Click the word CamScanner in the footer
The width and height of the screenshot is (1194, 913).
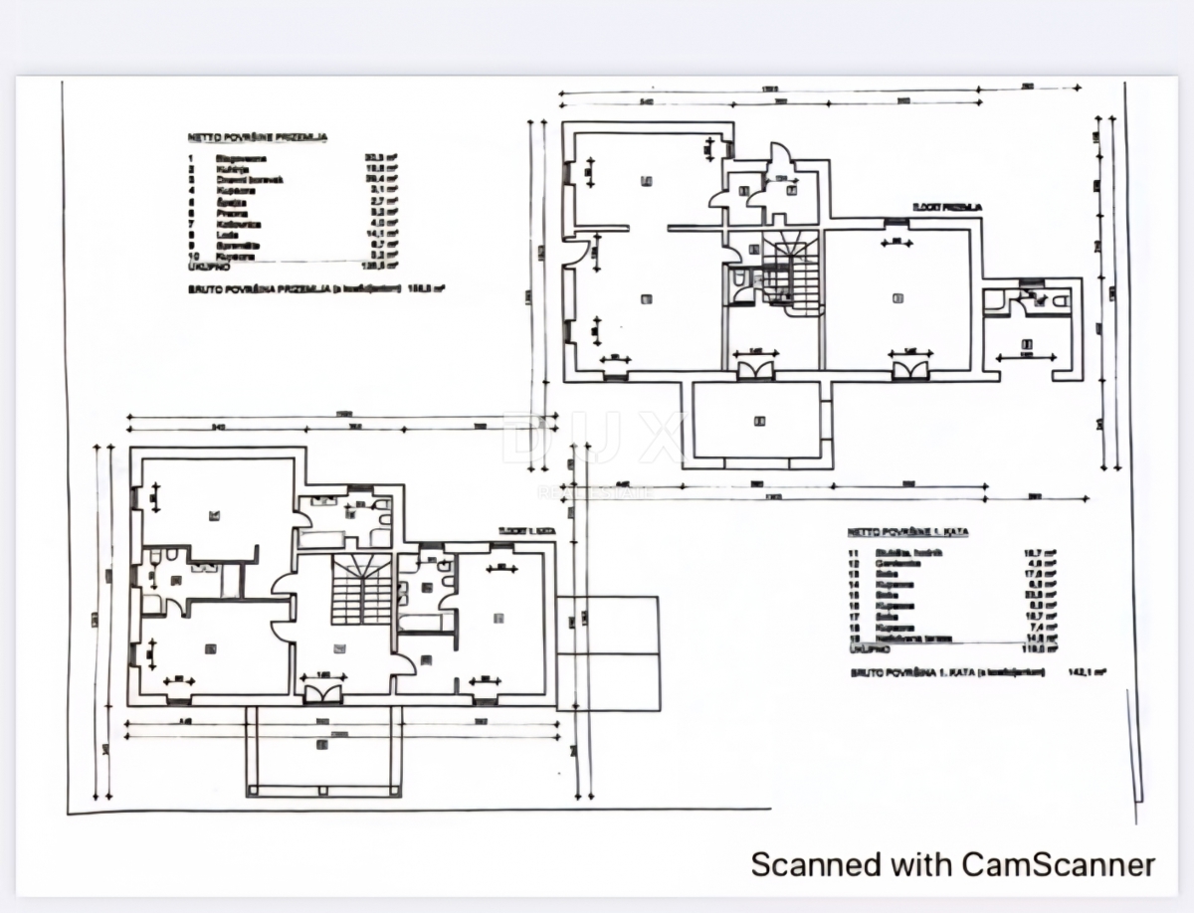click(x=1059, y=863)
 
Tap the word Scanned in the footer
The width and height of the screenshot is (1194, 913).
click(x=803, y=863)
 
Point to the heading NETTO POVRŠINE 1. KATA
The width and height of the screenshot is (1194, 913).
click(x=907, y=532)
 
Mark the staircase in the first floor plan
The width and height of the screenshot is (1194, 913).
click(x=360, y=588)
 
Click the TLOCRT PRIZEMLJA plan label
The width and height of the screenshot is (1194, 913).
click(x=945, y=207)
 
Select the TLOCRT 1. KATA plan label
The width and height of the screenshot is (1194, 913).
click(x=527, y=531)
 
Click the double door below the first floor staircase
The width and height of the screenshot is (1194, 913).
click(x=324, y=692)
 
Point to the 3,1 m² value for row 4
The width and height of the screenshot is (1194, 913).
click(x=377, y=189)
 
